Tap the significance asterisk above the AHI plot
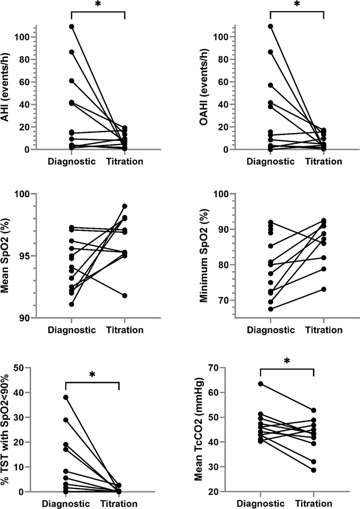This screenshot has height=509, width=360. tap(98, 4)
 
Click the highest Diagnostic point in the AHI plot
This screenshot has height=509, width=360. tap(72, 26)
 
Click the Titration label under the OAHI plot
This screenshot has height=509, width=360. tap(323, 161)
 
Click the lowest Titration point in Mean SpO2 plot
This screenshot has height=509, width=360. tap(125, 296)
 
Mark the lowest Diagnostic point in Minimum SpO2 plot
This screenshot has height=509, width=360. tap(270, 309)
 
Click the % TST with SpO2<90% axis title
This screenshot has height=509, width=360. tap(8, 430)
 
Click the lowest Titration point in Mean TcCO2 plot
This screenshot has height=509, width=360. tap(314, 470)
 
